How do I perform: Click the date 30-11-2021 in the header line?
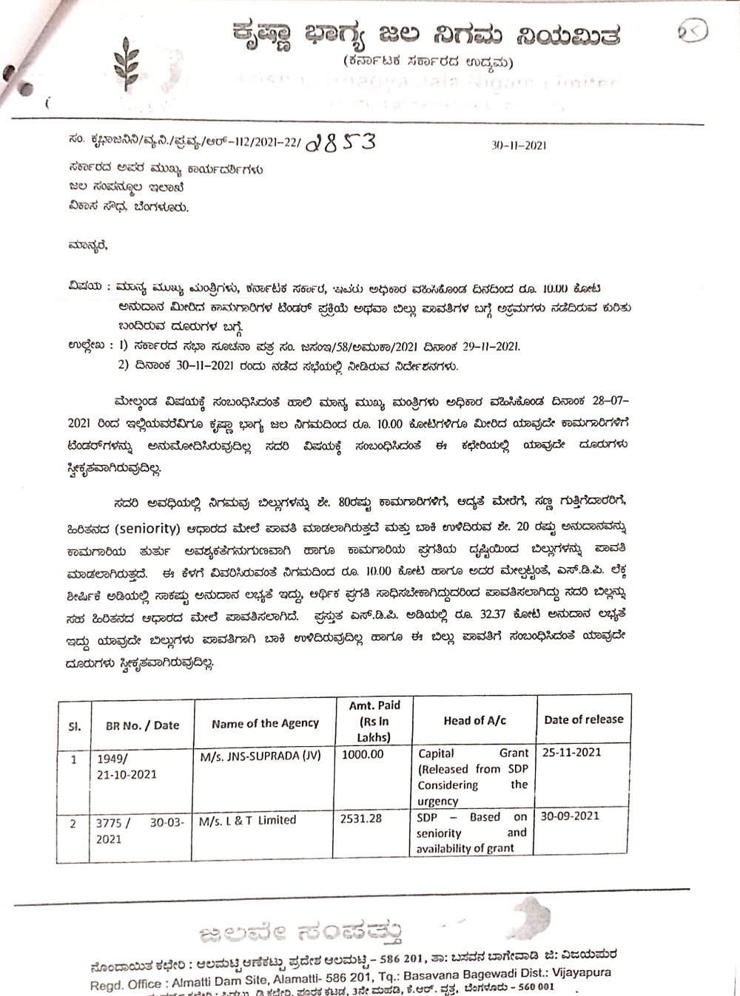(x=519, y=146)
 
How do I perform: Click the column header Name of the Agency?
(x=265, y=724)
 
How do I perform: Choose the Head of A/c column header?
(x=474, y=720)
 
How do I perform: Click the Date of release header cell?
(x=583, y=719)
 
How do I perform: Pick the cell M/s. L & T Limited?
(x=248, y=820)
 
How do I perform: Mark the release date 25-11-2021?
(x=571, y=752)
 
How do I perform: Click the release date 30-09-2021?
(x=570, y=816)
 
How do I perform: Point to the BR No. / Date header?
(x=143, y=725)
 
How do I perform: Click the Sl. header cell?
(x=75, y=726)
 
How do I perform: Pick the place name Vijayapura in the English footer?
(x=576, y=973)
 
